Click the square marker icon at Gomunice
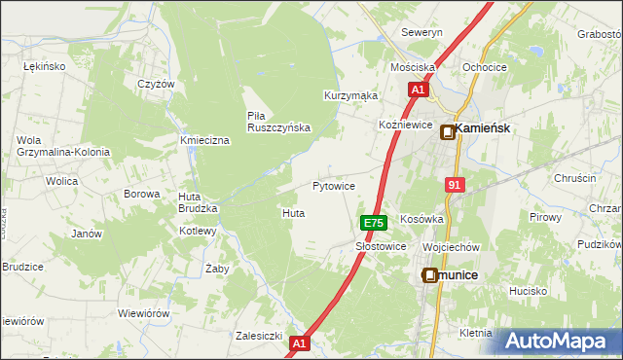[430, 276]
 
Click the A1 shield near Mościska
[417, 90]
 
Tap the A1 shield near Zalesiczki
[299, 342]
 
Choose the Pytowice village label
[333, 185]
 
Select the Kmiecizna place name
[204, 141]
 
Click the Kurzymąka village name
[350, 95]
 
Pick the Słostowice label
[381, 247]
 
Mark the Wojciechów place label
[452, 247]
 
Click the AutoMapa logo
[559, 341]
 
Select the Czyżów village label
[156, 84]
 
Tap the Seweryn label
[422, 32]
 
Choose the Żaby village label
[217, 268]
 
